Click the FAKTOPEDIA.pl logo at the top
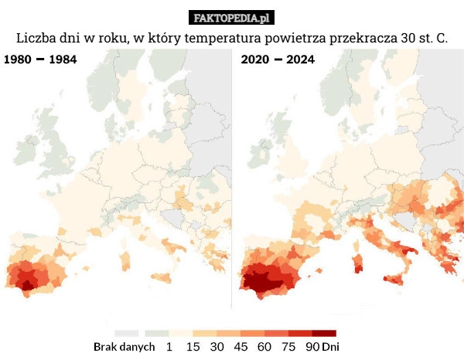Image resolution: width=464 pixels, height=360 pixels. (231, 17)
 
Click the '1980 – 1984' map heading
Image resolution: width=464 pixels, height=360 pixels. (41, 59)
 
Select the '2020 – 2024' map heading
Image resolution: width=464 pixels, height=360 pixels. (278, 59)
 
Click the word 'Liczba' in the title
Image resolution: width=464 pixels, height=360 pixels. (36, 39)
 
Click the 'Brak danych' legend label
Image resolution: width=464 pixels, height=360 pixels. (124, 347)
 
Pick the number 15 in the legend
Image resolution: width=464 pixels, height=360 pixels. (193, 347)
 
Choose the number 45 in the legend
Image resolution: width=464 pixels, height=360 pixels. (241, 347)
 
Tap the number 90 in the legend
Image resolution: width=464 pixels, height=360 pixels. (312, 347)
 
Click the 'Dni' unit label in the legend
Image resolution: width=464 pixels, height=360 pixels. (331, 347)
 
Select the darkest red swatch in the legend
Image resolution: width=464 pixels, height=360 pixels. (324, 332)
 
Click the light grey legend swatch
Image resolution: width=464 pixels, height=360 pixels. (126, 332)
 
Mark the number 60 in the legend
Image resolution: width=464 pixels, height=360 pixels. (264, 347)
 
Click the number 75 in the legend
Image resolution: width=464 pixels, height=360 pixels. (288, 347)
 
